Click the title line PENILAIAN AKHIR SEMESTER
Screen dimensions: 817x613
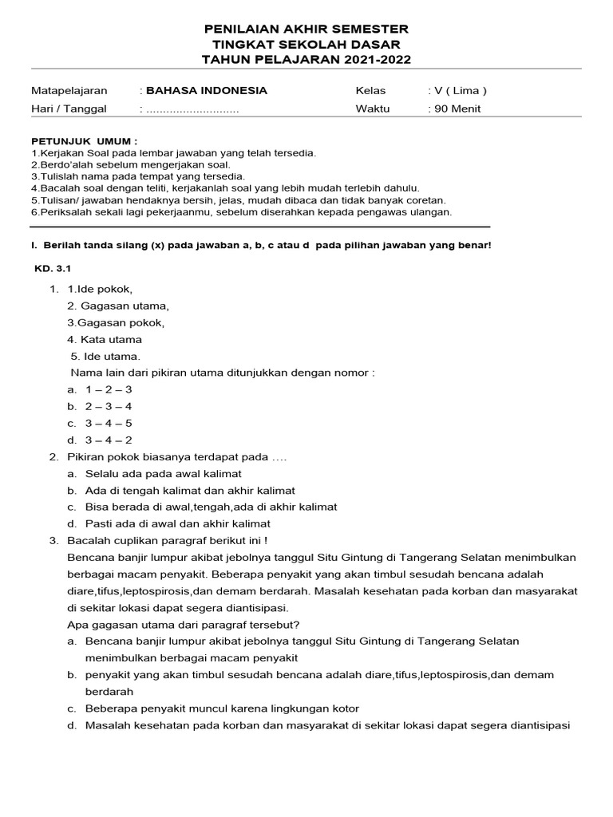pos(306,30)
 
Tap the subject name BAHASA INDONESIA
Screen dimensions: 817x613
pos(207,91)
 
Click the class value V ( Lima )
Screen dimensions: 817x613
pos(460,91)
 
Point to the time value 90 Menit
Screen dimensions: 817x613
pos(457,109)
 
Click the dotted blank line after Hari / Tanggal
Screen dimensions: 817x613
pos(192,109)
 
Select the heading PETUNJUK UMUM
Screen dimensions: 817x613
pos(84,140)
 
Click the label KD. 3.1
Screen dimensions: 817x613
pos(53,270)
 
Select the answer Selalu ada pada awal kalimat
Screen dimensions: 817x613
pos(164,473)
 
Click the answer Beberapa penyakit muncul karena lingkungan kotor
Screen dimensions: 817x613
pos(222,708)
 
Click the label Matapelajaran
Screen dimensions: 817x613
pos(69,91)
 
